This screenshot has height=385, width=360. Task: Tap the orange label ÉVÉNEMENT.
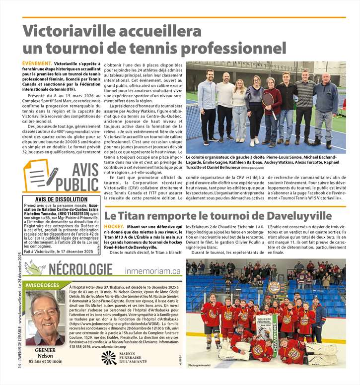click(37, 64)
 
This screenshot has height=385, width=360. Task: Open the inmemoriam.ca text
click(153, 271)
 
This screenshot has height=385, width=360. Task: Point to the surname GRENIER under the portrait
click(45, 350)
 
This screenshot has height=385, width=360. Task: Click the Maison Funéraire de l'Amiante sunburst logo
click(108, 358)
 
